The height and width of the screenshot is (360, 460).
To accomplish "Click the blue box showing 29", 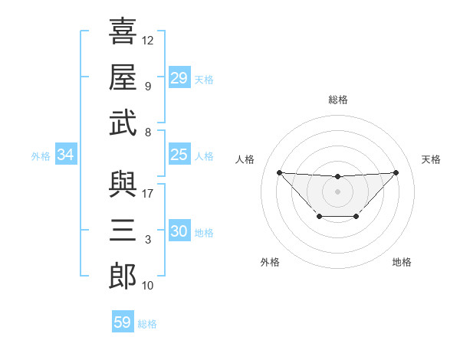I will [179, 78].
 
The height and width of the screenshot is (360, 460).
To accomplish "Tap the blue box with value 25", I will [179, 155].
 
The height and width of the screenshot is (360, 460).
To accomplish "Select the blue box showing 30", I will [179, 231].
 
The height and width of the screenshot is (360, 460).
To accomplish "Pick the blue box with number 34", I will [66, 155].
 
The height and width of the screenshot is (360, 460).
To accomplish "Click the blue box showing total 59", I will [123, 322].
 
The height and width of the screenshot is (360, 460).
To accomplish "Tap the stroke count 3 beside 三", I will [148, 240].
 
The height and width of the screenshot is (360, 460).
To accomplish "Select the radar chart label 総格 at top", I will [338, 100].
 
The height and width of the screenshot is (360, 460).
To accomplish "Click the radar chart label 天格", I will [432, 159].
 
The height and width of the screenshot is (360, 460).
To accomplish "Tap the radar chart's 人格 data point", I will [279, 172].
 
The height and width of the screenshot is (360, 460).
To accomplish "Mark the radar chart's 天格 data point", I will [396, 172].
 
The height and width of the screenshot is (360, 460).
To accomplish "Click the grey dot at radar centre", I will [337, 191].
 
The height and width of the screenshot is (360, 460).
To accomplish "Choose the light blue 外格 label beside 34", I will [41, 156].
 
